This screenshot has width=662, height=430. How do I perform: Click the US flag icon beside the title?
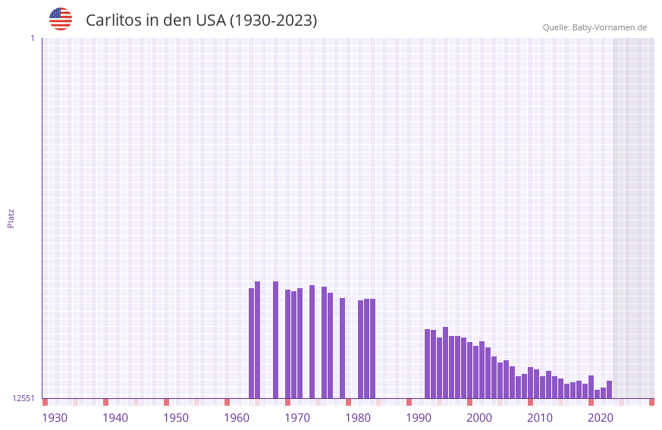[x=61, y=19]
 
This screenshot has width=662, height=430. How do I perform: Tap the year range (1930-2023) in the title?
[x=273, y=20]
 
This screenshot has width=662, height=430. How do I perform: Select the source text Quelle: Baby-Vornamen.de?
[x=595, y=27]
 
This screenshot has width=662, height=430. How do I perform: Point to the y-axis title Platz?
[x=11, y=218]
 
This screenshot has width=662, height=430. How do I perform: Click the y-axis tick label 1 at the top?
[x=32, y=38]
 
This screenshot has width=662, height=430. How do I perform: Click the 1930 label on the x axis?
[x=55, y=418]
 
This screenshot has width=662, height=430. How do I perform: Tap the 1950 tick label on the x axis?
[x=176, y=418]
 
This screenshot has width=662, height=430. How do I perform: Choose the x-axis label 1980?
[x=358, y=418]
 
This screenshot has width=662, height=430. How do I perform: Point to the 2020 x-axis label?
[x=601, y=418]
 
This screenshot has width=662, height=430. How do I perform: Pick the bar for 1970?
[x=288, y=344]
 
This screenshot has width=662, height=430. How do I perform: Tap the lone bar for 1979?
[x=343, y=348]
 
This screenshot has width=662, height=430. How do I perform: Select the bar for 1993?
[x=428, y=363]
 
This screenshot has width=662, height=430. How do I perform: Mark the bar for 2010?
[x=531, y=382]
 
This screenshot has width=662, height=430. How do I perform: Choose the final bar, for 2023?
[x=610, y=389]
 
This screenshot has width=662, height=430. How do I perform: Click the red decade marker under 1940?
[x=106, y=402]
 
